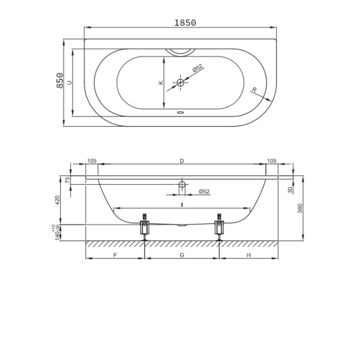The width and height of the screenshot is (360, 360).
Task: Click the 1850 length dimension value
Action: click(185, 23)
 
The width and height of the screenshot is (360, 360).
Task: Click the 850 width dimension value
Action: click(59, 80)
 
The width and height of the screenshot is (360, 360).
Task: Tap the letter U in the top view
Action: click(70, 82)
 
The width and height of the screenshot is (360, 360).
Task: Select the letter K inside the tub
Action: click(161, 82)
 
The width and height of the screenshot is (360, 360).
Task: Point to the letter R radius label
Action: click(254, 90)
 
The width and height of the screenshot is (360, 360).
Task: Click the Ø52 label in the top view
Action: click(198, 68)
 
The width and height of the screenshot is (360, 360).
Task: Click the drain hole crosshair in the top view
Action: click(181, 82)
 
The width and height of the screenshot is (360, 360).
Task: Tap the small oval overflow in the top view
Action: click(181, 113)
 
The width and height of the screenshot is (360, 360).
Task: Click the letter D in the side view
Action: click(182, 161)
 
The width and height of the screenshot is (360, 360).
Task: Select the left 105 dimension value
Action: click(92, 161)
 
